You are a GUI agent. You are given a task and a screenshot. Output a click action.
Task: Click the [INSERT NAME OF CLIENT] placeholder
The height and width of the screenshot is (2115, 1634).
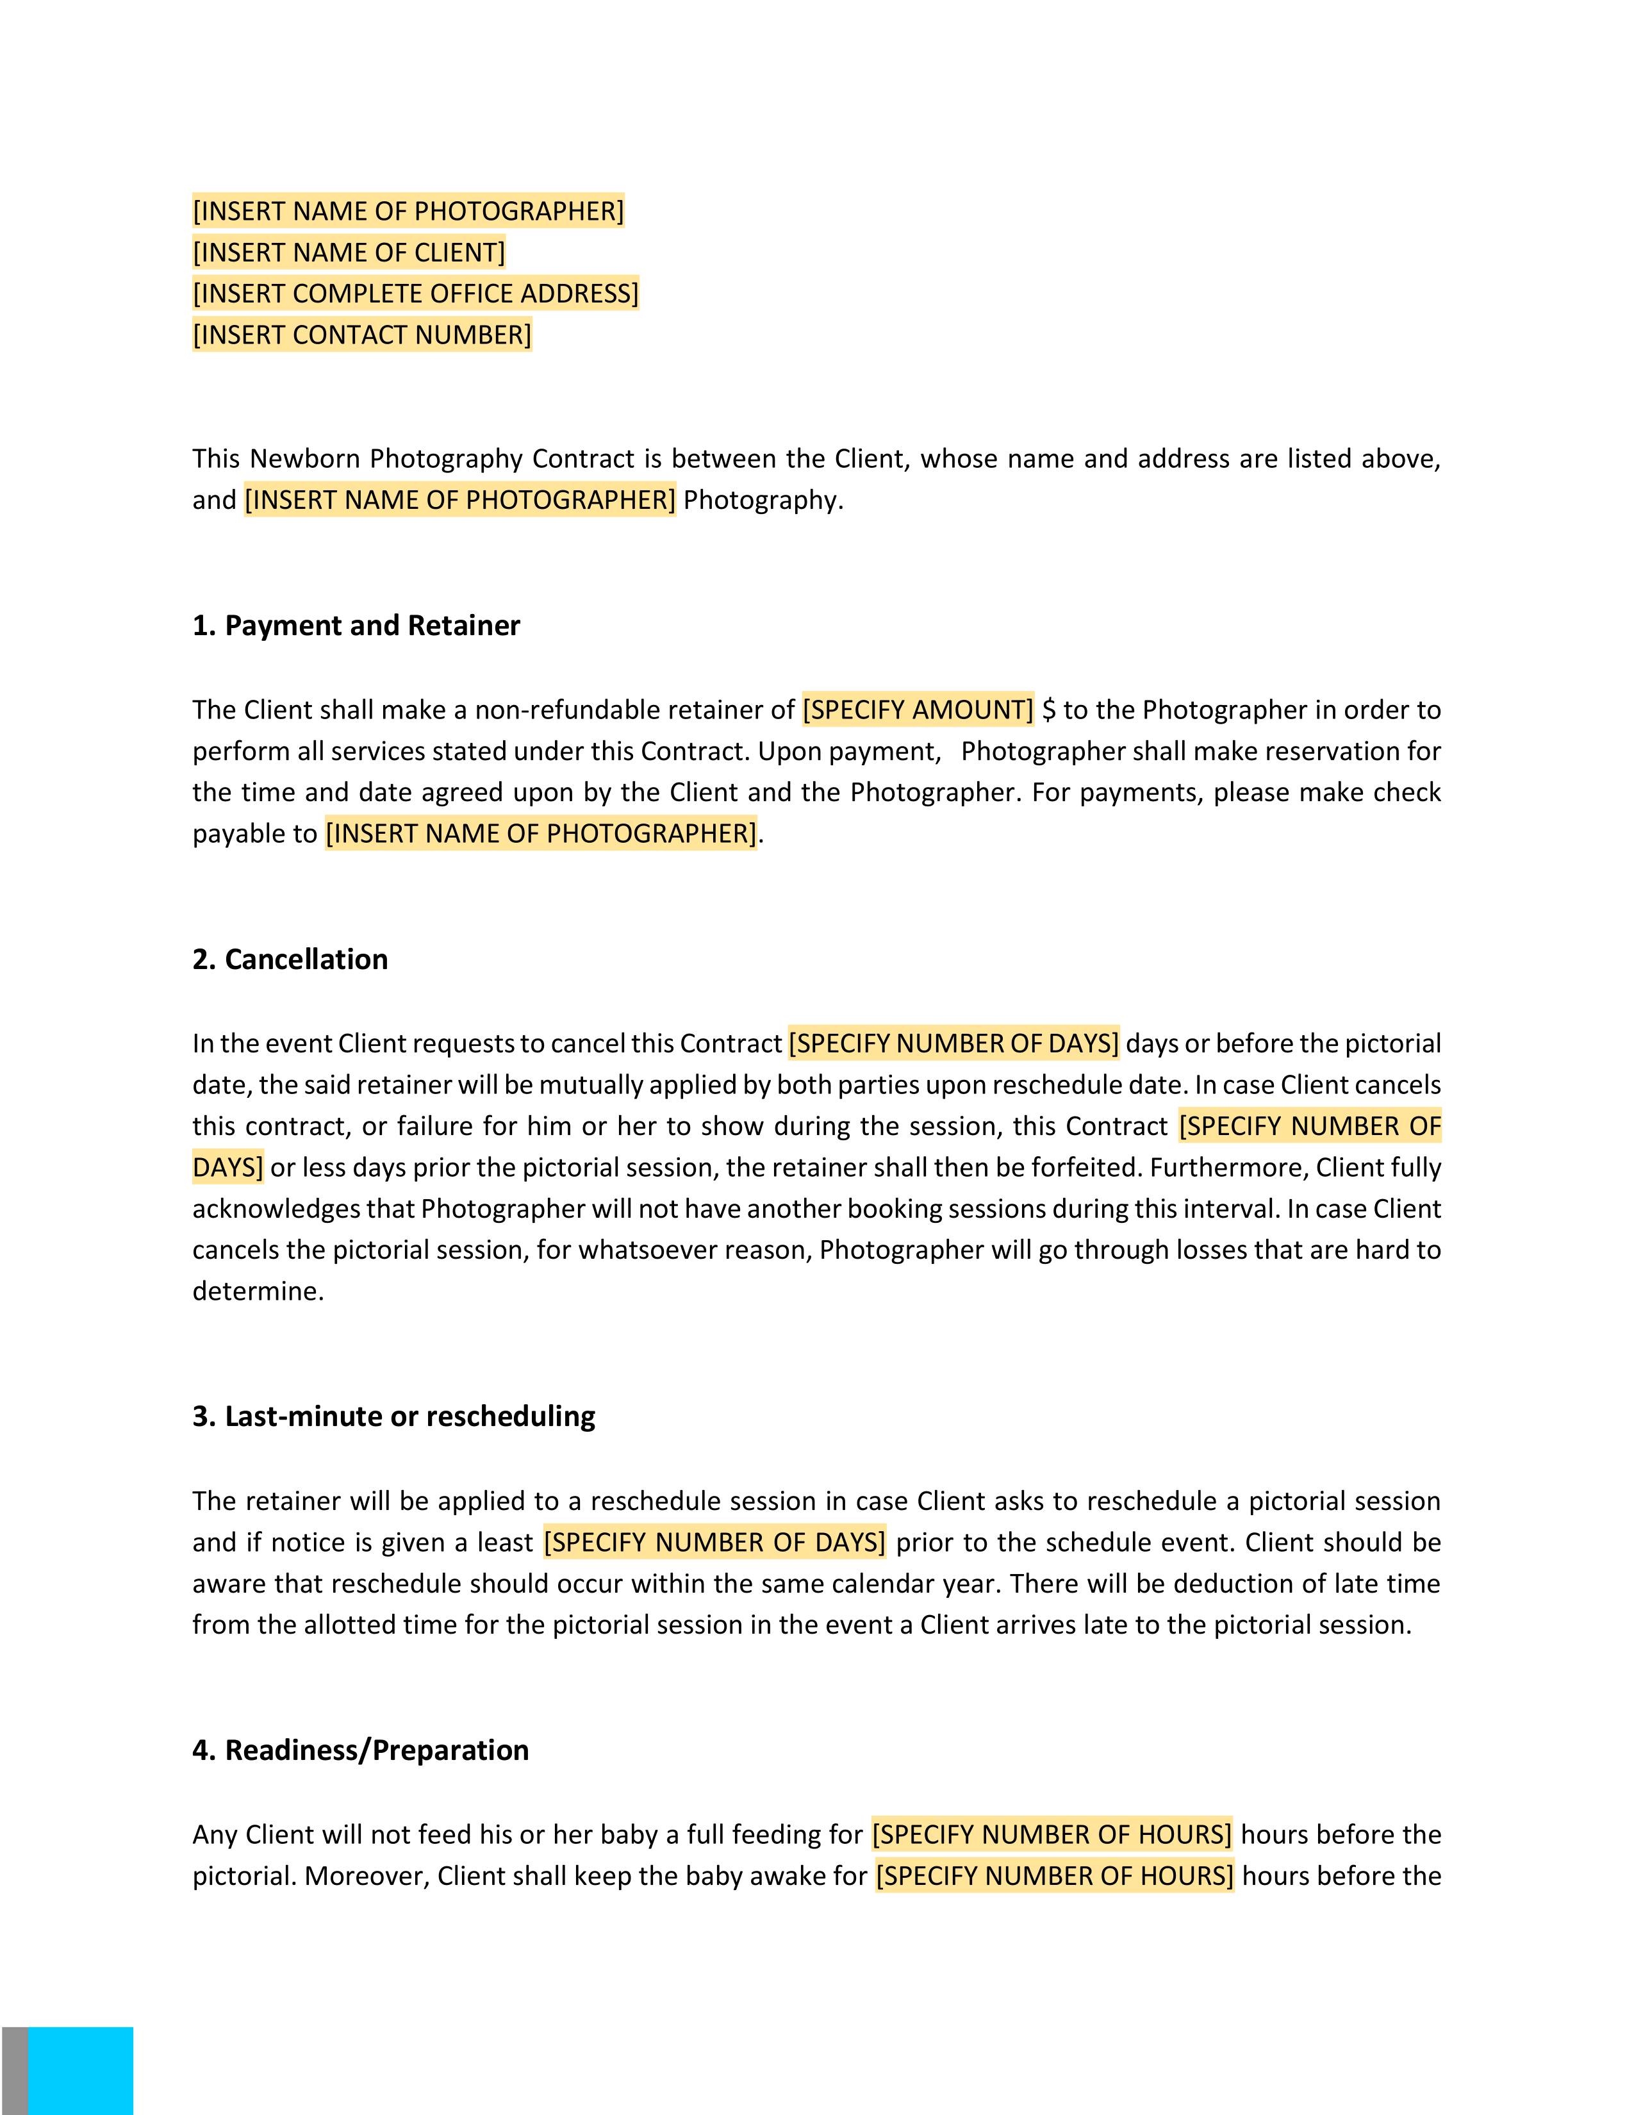(349, 253)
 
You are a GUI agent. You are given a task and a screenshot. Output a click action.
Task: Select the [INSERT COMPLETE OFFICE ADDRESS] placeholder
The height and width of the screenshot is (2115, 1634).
(415, 294)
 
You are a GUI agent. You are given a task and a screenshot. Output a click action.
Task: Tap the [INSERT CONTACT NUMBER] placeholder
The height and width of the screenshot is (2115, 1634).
(362, 335)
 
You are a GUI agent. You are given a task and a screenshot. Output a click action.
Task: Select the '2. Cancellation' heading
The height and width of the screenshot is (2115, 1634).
(290, 959)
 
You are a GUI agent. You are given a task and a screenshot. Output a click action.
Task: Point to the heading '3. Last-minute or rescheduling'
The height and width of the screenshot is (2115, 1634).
(393, 1417)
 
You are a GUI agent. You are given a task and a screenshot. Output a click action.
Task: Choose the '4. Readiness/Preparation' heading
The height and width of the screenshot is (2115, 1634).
(360, 1751)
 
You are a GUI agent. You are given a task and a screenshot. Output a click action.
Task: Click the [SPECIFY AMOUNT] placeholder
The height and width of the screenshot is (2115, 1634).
(918, 710)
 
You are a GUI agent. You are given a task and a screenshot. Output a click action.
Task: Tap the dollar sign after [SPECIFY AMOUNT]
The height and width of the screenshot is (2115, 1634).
(1048, 710)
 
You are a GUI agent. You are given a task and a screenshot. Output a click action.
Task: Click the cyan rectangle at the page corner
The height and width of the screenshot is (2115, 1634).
(81, 2070)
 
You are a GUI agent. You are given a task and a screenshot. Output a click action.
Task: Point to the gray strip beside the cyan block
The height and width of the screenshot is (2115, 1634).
(15, 2070)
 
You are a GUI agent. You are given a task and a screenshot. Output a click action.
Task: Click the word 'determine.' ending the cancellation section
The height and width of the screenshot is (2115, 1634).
(258, 1292)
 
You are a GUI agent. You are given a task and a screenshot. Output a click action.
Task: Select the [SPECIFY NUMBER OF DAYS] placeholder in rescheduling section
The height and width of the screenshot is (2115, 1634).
(714, 1543)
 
